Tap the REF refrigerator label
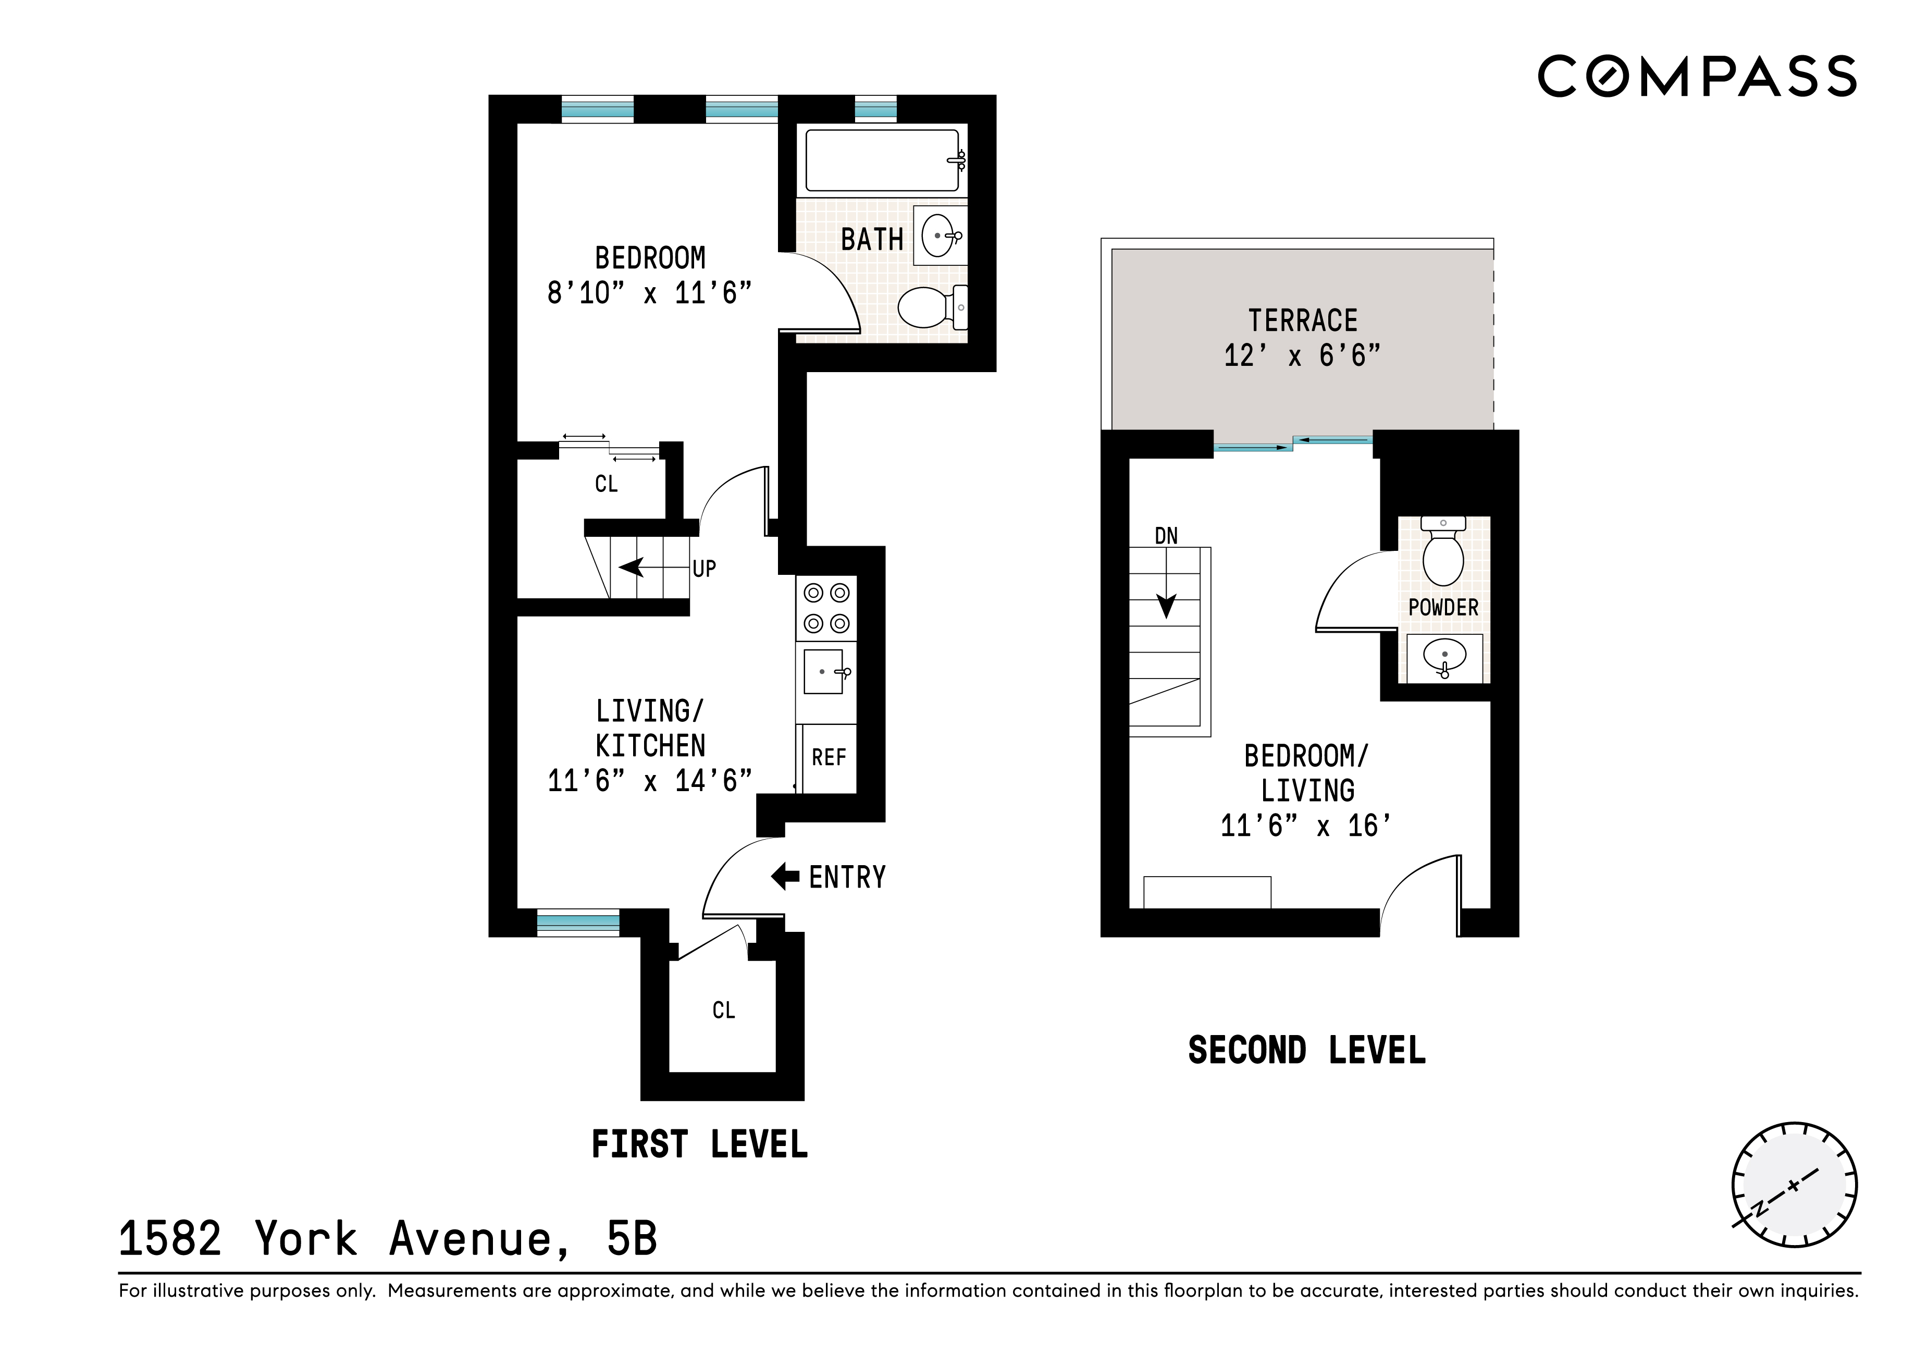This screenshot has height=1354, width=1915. (x=828, y=757)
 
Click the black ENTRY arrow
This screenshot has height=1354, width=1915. (x=785, y=877)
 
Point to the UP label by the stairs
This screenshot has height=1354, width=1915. (x=704, y=569)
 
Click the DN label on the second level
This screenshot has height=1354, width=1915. (x=1166, y=536)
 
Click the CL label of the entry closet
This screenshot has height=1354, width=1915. (x=723, y=1010)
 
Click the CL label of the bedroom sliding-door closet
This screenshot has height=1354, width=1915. (x=607, y=484)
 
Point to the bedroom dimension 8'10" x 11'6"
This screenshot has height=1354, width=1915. (x=649, y=293)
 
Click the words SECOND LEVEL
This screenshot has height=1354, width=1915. (x=1306, y=1050)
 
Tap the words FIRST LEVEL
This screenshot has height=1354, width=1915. (x=699, y=1144)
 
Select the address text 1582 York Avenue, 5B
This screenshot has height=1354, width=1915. (x=388, y=1239)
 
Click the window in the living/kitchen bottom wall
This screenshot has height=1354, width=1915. (x=577, y=922)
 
